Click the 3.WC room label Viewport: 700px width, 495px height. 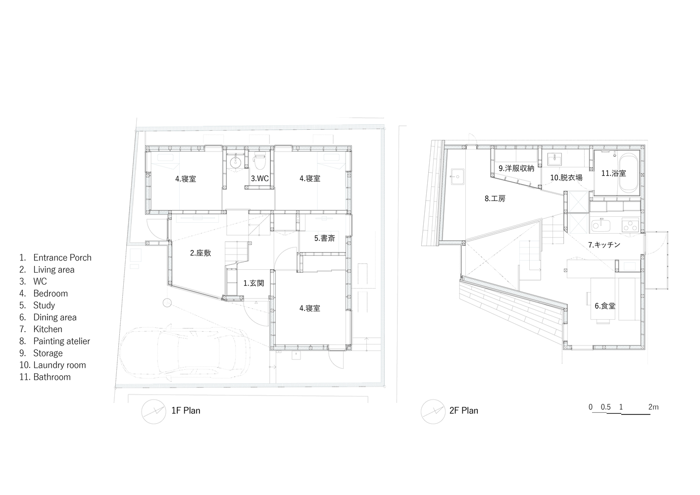tap(260, 178)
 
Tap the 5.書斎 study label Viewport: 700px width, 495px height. tap(324, 238)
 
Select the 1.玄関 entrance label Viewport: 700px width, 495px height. tap(253, 283)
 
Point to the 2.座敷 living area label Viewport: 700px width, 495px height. tap(200, 253)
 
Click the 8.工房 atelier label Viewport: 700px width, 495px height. tap(495, 198)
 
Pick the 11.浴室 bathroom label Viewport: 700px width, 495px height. tap(613, 173)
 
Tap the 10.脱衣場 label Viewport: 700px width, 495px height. tap(566, 178)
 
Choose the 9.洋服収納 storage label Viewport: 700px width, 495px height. tap(516, 168)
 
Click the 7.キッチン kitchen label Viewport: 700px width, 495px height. tap(604, 245)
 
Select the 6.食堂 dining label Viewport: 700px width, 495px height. tap(604, 305)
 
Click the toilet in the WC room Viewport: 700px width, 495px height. tap(259, 161)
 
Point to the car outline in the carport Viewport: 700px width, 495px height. tap(184, 352)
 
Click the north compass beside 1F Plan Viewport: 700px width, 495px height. tap(153, 411)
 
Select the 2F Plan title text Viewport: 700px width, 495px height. tap(463, 410)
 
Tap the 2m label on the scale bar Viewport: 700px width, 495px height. tap(653, 407)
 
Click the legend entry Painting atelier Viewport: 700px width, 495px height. tap(61, 341)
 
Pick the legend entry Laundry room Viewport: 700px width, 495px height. tap(59, 365)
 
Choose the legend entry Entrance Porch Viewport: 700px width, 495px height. tap(62, 257)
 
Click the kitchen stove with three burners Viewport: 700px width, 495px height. tap(630, 225)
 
